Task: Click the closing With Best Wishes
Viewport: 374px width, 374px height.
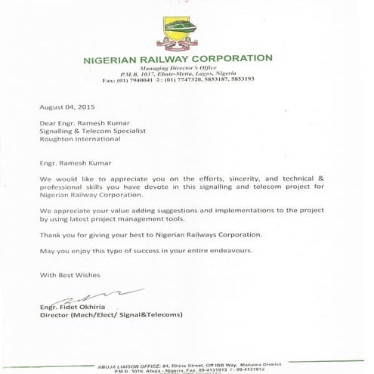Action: pyautogui.click(x=70, y=274)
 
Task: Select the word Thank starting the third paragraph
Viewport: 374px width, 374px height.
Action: pyautogui.click(x=50, y=235)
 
